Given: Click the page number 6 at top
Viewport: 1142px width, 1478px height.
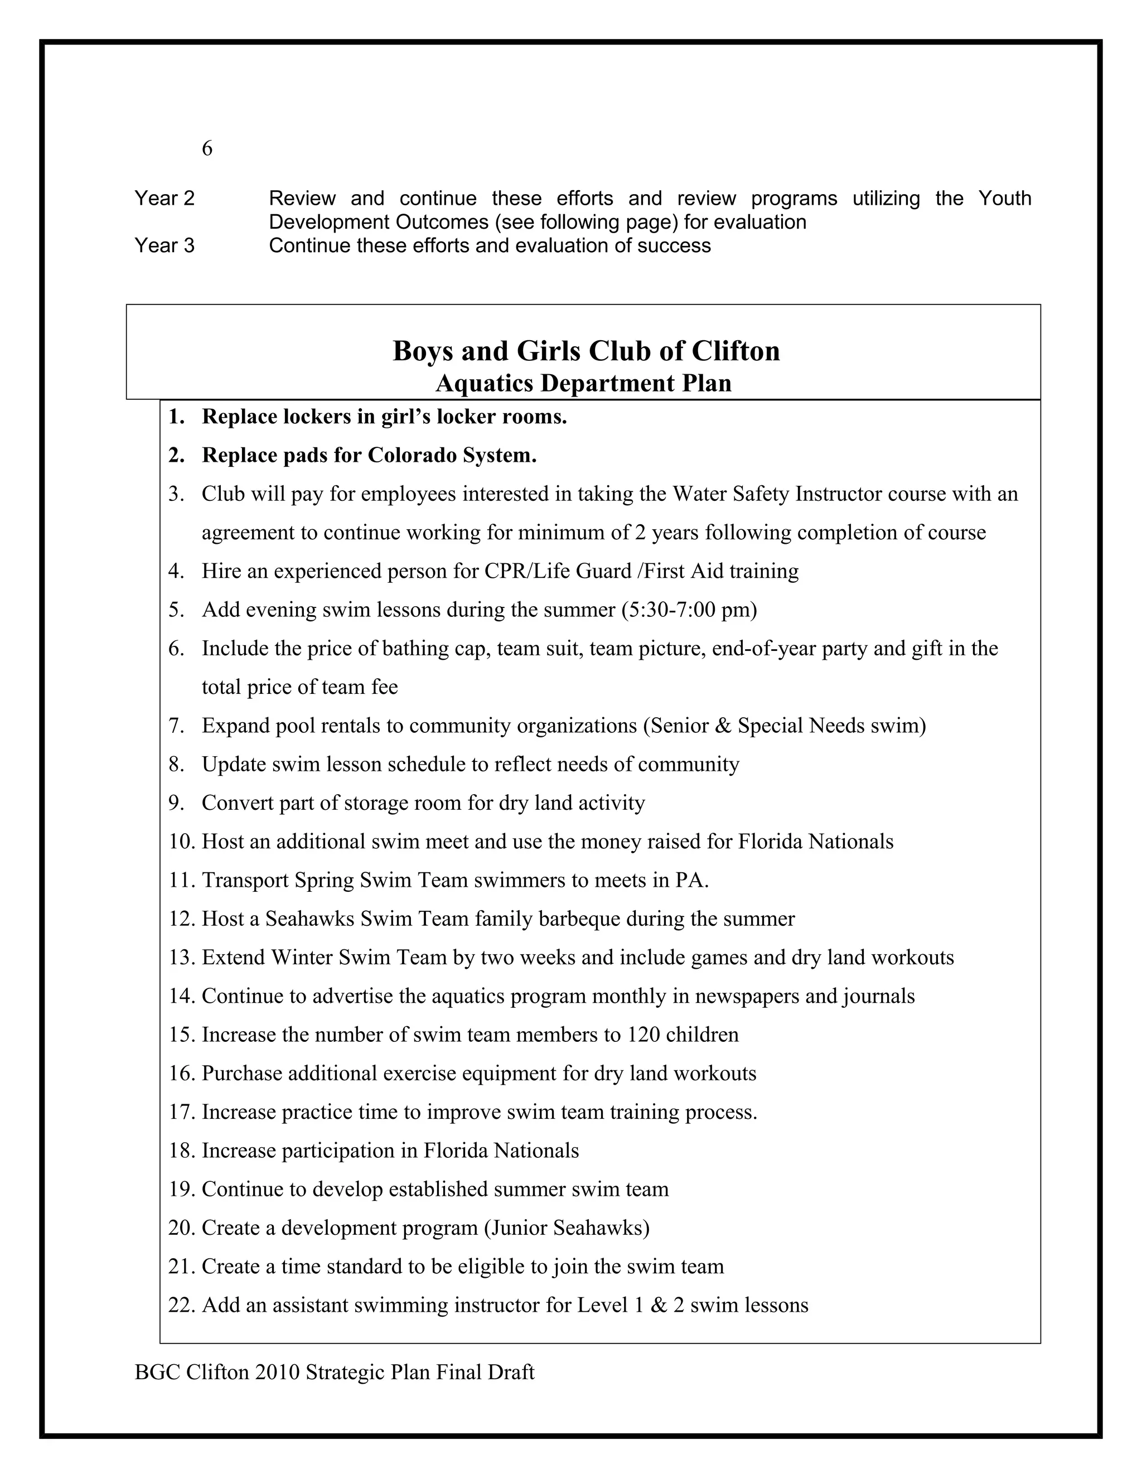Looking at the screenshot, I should coord(207,148).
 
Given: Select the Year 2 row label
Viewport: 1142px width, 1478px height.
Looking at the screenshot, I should coord(164,199).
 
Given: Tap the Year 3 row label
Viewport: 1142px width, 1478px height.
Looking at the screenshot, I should coord(164,245).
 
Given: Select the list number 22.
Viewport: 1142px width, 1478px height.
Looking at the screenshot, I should coord(181,1305).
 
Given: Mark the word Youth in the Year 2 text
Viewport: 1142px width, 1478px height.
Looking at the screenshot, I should coord(1005,199).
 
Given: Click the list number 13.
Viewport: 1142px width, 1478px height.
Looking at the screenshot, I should coord(181,958).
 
